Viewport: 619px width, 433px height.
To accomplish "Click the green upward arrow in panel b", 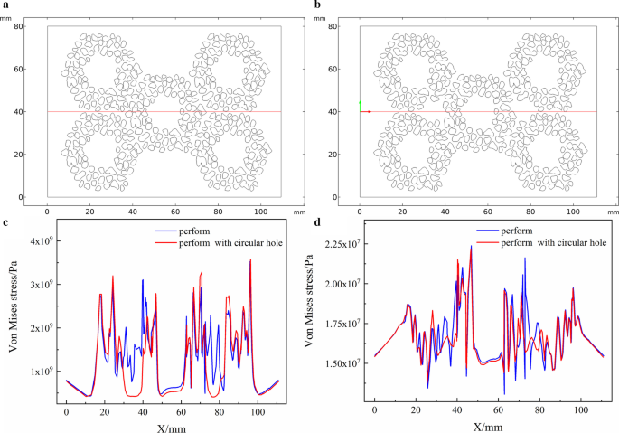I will [x=360, y=106].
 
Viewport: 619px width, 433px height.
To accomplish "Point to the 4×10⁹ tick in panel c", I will [x=43, y=241].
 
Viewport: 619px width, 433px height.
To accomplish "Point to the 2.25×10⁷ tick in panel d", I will [x=346, y=244].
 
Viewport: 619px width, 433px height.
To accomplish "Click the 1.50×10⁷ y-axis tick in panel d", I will [x=346, y=363].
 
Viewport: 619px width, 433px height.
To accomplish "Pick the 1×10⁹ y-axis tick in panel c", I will [x=43, y=371].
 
